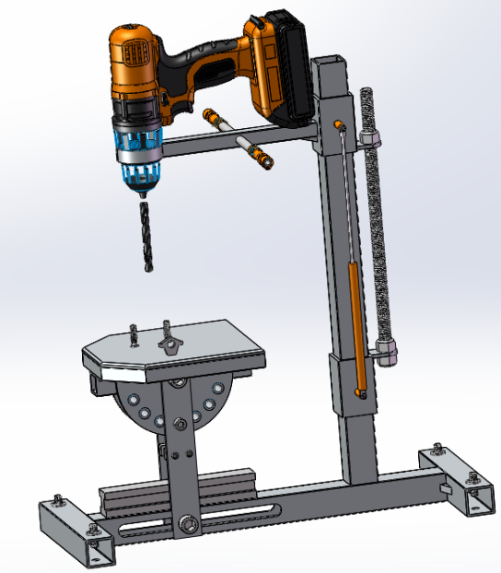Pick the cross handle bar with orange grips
(x=236, y=139)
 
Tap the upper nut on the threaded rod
(x=370, y=139)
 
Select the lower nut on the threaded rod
(x=387, y=351)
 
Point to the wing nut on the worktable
(x=168, y=343)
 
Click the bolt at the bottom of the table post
(x=188, y=523)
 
